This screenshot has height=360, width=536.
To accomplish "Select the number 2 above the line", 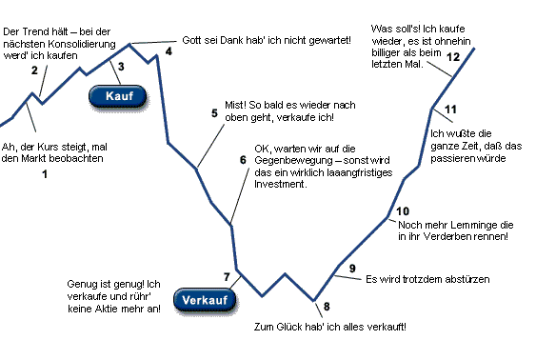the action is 34,70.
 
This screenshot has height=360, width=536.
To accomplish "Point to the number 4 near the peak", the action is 169,51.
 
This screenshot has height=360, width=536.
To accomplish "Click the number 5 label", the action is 214,112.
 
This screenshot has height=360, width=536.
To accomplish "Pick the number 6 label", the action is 243,160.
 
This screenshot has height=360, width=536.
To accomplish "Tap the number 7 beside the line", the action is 227,278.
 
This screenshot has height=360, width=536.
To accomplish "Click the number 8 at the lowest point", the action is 327,306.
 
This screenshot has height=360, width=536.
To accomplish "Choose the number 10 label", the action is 402,210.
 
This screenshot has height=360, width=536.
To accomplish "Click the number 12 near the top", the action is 453,58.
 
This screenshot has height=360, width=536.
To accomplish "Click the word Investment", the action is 281,184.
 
